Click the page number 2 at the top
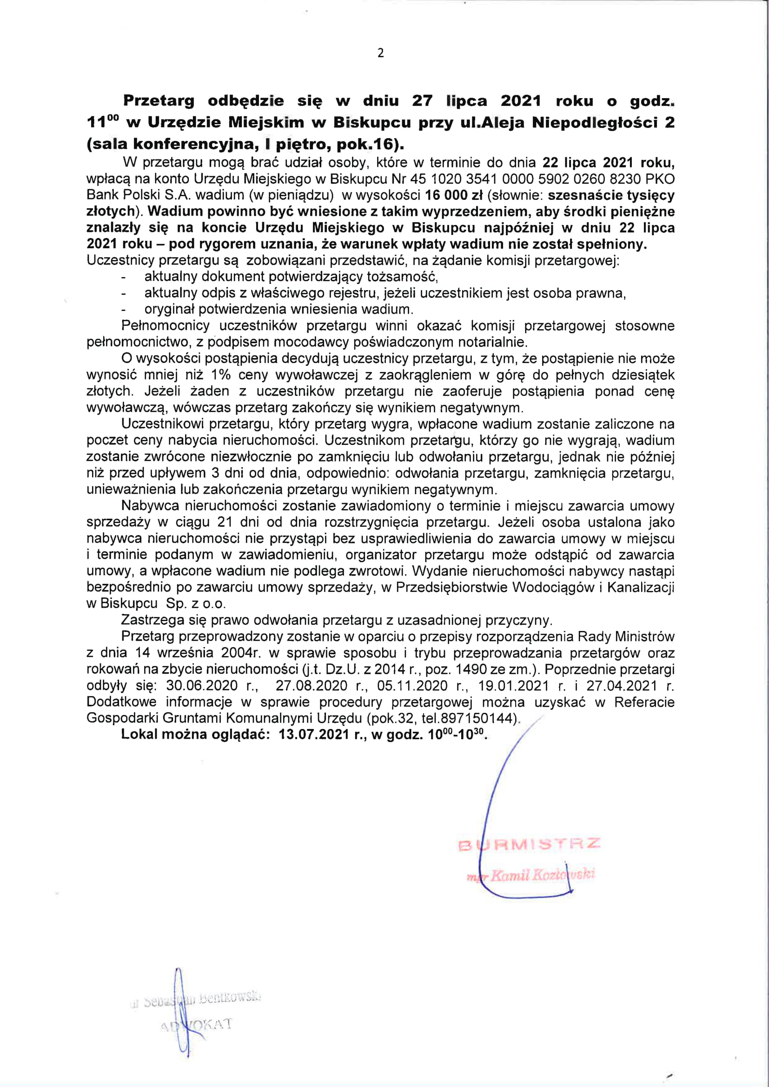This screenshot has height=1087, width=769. (381, 53)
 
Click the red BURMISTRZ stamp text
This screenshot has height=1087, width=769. (530, 844)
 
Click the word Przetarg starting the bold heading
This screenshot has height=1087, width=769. (159, 101)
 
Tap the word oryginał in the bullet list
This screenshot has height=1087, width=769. (170, 310)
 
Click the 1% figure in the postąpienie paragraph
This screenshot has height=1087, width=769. (220, 375)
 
